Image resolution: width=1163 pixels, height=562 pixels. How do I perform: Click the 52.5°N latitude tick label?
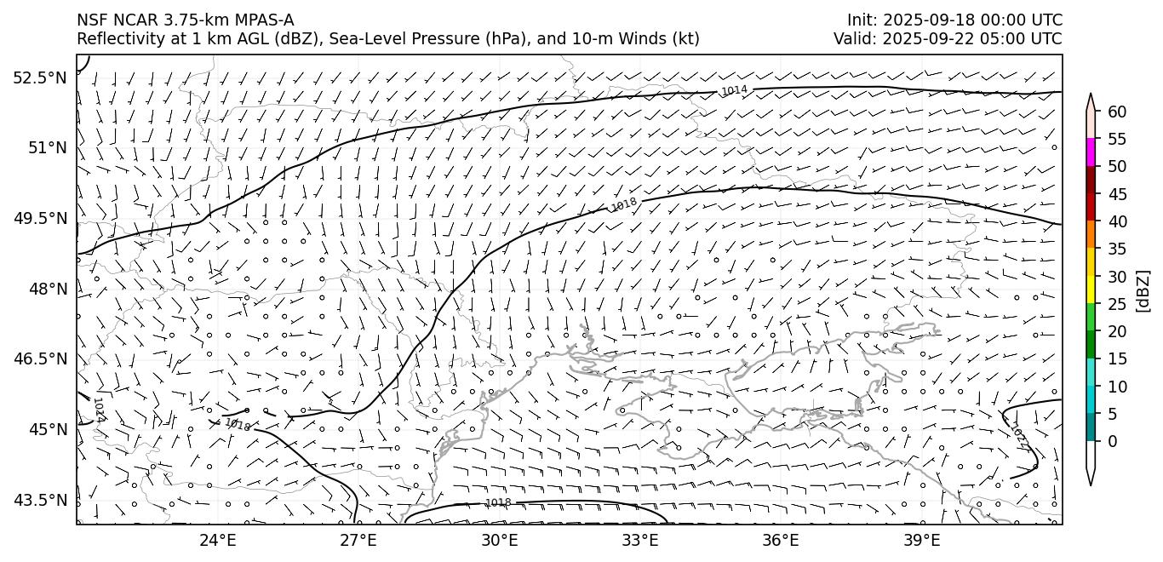coord(39,78)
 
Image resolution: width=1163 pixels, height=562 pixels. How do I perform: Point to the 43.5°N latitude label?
coord(39,500)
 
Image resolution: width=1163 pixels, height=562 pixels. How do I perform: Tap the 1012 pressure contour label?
coord(1018,436)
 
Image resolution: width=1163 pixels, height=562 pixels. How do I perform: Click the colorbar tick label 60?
coord(1117,112)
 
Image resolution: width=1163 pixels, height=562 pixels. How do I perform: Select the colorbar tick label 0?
coord(1112,441)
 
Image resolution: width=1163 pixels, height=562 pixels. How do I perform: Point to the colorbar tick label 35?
coord(1117,249)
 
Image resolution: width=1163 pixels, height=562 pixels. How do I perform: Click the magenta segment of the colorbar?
coord(1091,152)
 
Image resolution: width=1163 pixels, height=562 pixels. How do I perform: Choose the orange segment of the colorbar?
coord(1091,235)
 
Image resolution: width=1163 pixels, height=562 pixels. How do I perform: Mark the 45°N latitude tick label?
coord(47,429)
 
